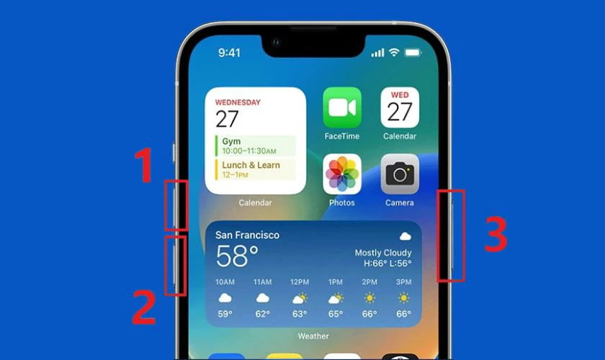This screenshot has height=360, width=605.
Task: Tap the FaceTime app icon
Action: pyautogui.click(x=342, y=107)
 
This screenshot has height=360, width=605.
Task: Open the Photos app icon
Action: pyautogui.click(x=342, y=174)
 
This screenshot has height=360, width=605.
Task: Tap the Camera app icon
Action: pyautogui.click(x=400, y=174)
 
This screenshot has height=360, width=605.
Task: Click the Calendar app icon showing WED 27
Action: pyautogui.click(x=400, y=107)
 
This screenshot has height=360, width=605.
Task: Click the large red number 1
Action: pyautogui.click(x=144, y=165)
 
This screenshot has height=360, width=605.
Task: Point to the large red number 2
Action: pyautogui.click(x=144, y=307)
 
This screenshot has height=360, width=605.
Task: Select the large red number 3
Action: pyautogui.click(x=496, y=234)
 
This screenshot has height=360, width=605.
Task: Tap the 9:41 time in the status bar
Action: pyautogui.click(x=229, y=53)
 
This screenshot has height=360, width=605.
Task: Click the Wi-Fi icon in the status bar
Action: pyautogui.click(x=394, y=52)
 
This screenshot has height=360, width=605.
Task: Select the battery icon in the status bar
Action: pyautogui.click(x=413, y=53)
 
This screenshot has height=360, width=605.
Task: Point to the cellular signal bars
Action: pyautogui.click(x=377, y=53)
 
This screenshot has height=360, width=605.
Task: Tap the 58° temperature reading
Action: pyautogui.click(x=236, y=256)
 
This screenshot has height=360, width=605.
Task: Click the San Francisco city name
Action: pyautogui.click(x=247, y=235)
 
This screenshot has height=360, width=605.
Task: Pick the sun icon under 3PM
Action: pyautogui.click(x=403, y=298)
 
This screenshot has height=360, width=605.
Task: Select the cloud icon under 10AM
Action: pyautogui.click(x=225, y=298)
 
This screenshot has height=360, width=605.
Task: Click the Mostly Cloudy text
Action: pyautogui.click(x=383, y=253)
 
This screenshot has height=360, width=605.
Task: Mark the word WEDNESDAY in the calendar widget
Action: pyautogui.click(x=238, y=102)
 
